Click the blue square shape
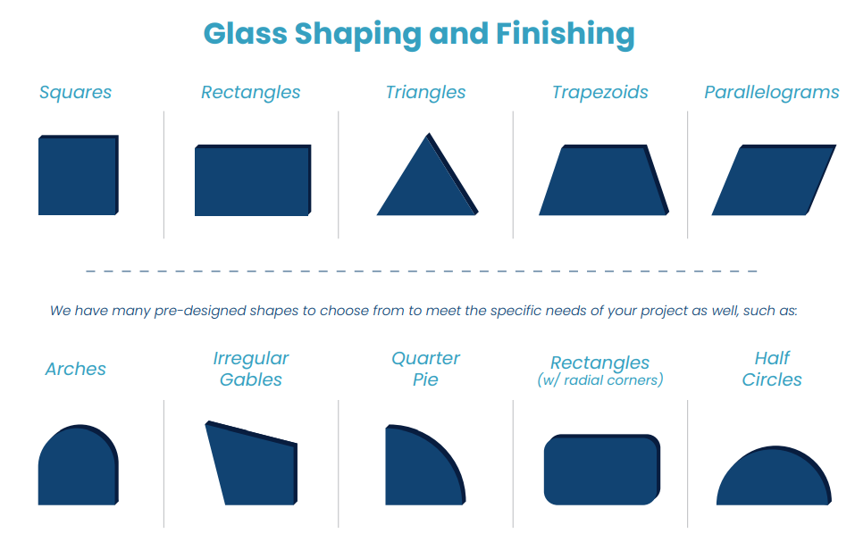coord(78,176)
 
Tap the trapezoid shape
coord(603,181)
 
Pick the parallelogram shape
coord(773,180)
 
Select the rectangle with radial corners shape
coord(601,469)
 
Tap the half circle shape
coord(773,479)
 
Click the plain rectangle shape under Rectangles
coord(253,180)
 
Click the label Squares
coord(76,92)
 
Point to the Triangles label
coord(426,92)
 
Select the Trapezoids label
coord(600,92)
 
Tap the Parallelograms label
coord(772,92)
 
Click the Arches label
coord(76,369)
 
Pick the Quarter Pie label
coord(426,369)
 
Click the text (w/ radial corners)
coord(600,380)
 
